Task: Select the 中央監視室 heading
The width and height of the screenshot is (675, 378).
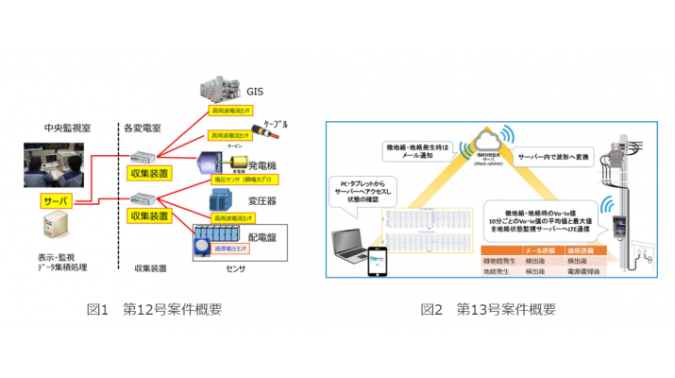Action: pyautogui.click(x=67, y=128)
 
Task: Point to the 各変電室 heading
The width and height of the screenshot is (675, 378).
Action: pyautogui.click(x=142, y=128)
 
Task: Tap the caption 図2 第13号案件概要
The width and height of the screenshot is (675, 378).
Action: pyautogui.click(x=488, y=309)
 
